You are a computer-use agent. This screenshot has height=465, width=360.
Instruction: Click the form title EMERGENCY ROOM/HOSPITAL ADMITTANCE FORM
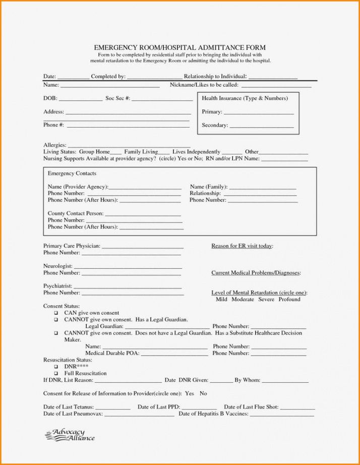(179, 47)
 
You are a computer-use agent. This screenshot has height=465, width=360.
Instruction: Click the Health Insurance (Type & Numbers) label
(245, 98)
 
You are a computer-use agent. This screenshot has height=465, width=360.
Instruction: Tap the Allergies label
(54, 145)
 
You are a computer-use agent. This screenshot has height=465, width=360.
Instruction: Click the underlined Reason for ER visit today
(242, 246)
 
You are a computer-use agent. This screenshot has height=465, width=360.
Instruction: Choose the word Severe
(266, 300)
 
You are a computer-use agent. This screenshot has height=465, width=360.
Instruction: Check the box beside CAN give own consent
(56, 313)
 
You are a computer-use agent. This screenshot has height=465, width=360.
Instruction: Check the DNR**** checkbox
(56, 367)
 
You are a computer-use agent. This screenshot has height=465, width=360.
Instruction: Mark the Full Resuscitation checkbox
(56, 373)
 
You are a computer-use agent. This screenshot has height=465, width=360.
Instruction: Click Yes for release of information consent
(190, 393)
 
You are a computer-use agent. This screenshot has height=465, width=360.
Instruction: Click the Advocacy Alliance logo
(70, 435)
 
